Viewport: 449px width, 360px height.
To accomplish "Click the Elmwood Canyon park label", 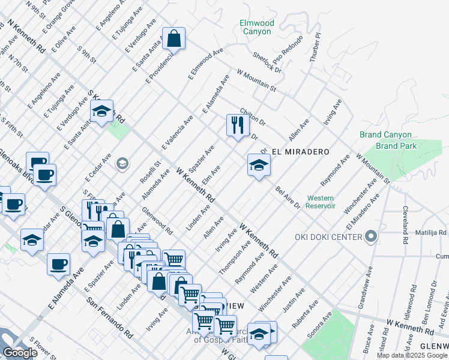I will tap(257, 27).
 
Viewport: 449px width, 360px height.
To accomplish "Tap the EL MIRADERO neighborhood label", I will tap(300, 152).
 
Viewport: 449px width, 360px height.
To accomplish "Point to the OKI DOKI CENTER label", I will tap(328, 236).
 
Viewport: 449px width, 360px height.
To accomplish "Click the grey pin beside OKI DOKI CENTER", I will tap(370, 236).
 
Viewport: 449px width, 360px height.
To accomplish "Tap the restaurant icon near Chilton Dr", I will tap(237, 125).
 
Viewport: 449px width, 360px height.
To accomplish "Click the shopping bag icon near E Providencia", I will tap(173, 39).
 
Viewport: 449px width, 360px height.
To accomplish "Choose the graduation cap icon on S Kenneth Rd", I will tap(102, 110).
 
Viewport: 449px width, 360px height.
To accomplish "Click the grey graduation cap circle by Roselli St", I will tap(122, 164).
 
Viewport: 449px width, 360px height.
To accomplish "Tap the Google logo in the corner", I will tap(20, 353).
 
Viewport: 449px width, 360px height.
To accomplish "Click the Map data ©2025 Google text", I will tap(411, 355).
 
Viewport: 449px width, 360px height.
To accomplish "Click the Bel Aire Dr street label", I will tap(288, 197).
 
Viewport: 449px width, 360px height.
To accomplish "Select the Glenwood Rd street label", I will tap(157, 221).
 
